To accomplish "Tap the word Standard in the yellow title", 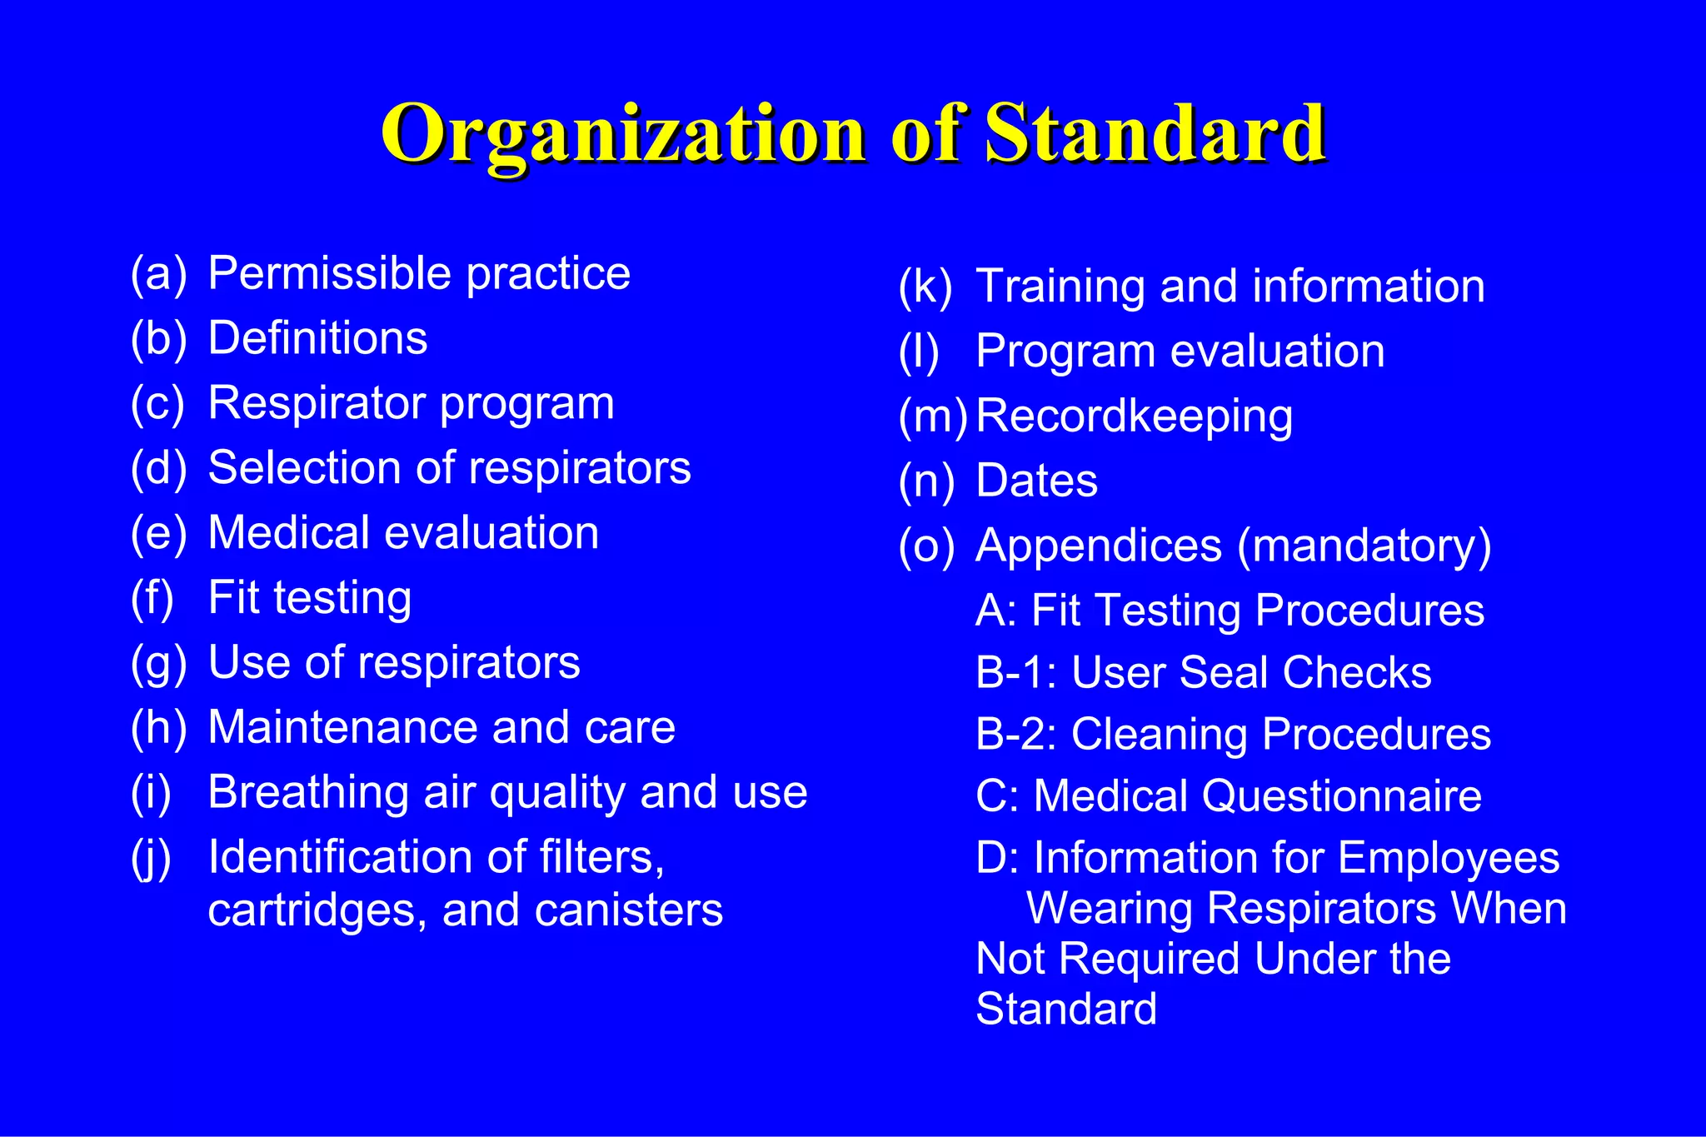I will click(1155, 133).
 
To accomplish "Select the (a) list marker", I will click(158, 273).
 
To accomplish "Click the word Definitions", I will click(317, 338).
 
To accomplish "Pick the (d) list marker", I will click(158, 468).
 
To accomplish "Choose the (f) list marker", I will click(152, 598).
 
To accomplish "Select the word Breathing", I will click(307, 793).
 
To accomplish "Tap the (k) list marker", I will click(925, 287).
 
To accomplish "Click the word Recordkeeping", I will click(1134, 416).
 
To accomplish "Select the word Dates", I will click(1036, 481).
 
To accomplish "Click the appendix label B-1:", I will click(1015, 672).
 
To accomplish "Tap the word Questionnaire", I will click(1341, 796).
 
